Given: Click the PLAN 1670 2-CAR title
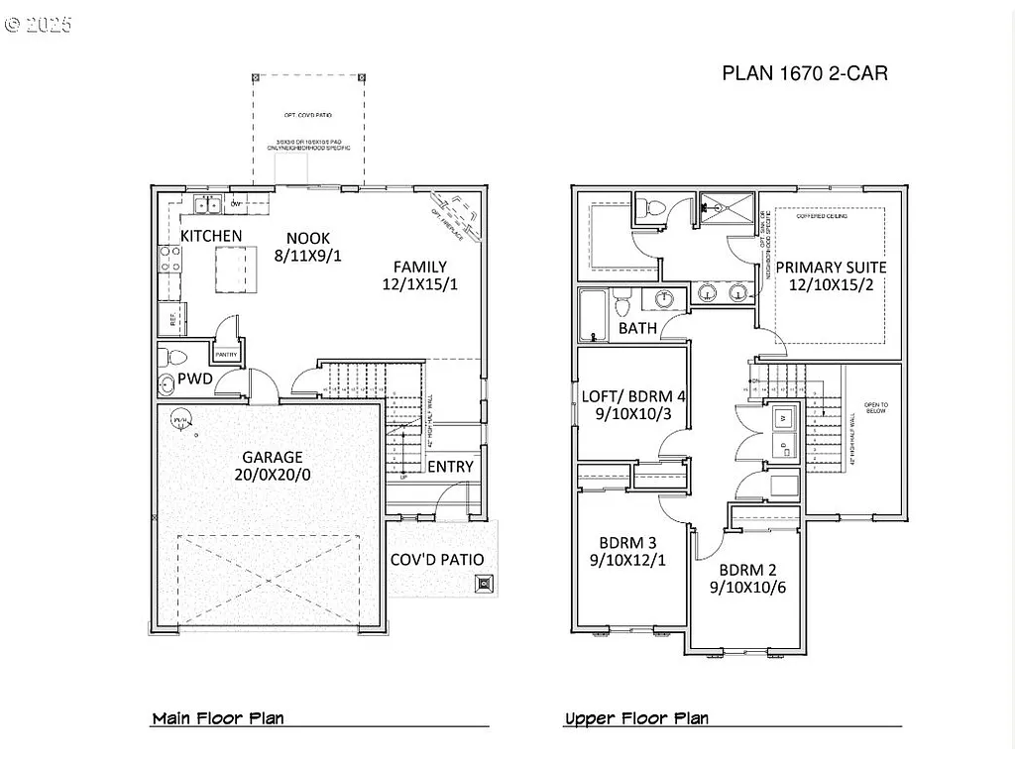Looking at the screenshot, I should (x=804, y=73).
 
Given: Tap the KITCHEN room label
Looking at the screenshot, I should (x=210, y=236).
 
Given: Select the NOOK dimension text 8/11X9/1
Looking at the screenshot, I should (x=308, y=255).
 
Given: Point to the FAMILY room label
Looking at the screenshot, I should (x=419, y=267).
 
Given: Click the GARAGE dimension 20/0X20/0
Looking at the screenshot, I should (x=273, y=475).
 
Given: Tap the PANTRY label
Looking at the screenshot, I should (x=226, y=353).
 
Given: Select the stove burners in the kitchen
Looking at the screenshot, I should (x=169, y=260).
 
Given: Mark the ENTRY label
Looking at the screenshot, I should (x=450, y=467).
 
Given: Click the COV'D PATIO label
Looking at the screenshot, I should (x=437, y=560).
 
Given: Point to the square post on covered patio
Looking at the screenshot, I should (x=484, y=585).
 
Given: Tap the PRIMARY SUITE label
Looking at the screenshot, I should (x=831, y=268).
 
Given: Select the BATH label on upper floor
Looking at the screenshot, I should (x=637, y=328).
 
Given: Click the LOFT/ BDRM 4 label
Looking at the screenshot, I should (x=632, y=396).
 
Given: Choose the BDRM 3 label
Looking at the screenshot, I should (x=627, y=543).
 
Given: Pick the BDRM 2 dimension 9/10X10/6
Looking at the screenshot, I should (x=747, y=587).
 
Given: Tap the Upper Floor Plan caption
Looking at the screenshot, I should (x=636, y=718).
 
